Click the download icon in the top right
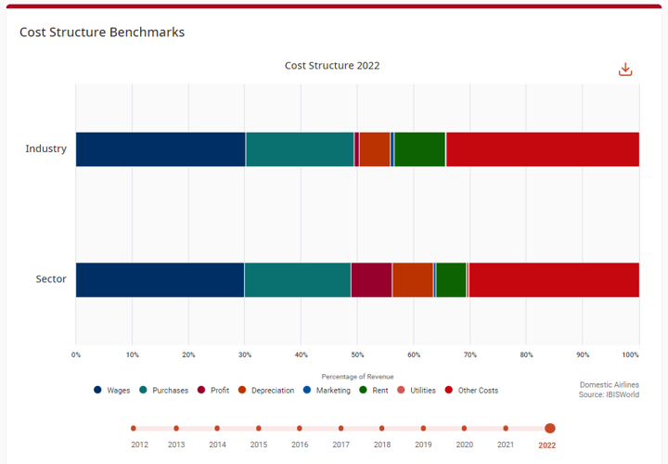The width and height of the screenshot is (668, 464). tap(625, 70)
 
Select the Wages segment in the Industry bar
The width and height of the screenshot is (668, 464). tap(161, 149)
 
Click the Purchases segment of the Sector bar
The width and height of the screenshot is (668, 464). tap(298, 279)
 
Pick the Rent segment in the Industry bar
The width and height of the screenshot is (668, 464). tap(419, 149)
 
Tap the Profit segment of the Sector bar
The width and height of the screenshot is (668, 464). tap(371, 279)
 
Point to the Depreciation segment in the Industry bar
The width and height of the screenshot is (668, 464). tap(375, 149)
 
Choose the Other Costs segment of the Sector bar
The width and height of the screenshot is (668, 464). tap(554, 279)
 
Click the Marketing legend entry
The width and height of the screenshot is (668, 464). tap(327, 391)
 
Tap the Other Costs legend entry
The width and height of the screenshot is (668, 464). tap(472, 391)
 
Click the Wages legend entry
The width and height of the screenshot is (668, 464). tap(112, 391)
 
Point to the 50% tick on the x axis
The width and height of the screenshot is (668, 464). tap(357, 354)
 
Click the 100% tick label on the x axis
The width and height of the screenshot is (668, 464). tap(631, 354)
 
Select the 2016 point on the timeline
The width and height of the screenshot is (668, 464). tap(300, 429)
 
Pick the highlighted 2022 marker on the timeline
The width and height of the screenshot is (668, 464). tap(550, 429)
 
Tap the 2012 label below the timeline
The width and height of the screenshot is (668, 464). tap(139, 445)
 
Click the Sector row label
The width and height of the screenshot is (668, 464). tap(51, 279)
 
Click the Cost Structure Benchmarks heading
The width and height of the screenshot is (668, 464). tap(102, 32)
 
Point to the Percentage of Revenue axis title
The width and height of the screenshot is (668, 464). tap(357, 377)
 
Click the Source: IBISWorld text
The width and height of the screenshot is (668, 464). tap(609, 395)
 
